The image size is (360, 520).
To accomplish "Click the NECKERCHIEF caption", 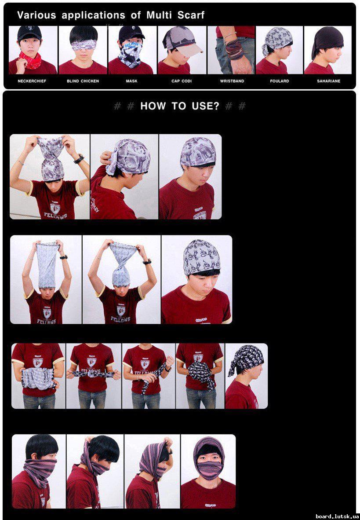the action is pyautogui.click(x=32, y=81).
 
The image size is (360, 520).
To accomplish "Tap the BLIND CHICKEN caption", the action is pyautogui.click(x=83, y=81).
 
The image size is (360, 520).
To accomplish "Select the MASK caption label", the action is pyautogui.click(x=131, y=81).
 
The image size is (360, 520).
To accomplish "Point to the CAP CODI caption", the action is pyautogui.click(x=182, y=81).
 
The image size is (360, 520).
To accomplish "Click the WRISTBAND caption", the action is pyautogui.click(x=232, y=81).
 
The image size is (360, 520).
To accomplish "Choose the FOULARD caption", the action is pyautogui.click(x=280, y=81).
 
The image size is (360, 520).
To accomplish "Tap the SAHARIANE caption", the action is pyautogui.click(x=328, y=81).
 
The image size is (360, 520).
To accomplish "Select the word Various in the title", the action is pyautogui.click(x=36, y=15).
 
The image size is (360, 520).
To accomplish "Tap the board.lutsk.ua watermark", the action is pyautogui.click(x=337, y=516).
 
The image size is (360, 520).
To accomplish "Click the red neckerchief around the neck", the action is pyautogui.click(x=30, y=60).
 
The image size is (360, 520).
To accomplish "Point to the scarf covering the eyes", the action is pyautogui.click(x=83, y=45).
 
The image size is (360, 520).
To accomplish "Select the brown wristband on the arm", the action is pyautogui.click(x=234, y=50).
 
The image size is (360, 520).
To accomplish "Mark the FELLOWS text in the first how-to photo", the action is pyautogui.click(x=56, y=216).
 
